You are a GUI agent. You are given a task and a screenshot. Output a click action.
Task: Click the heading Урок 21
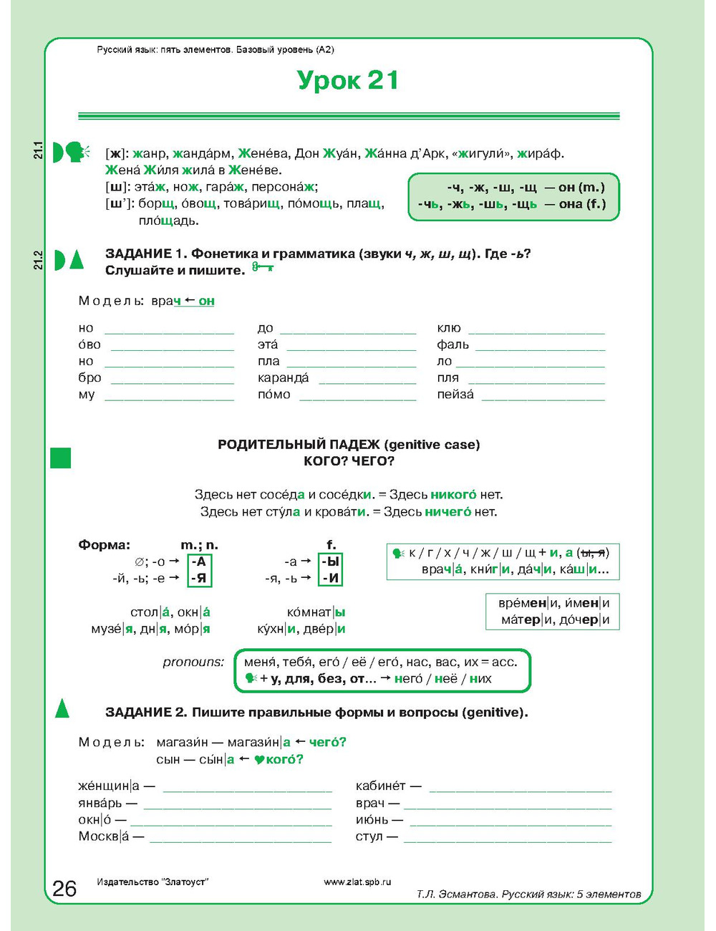tap(347, 80)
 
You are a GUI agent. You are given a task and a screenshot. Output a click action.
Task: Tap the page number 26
tap(64, 888)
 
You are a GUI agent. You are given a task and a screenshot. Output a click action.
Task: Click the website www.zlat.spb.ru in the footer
tap(357, 882)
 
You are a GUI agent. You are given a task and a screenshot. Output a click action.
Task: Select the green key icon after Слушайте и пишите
tap(263, 268)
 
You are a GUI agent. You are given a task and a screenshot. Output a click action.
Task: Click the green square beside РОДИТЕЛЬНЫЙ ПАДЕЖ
tap(61, 458)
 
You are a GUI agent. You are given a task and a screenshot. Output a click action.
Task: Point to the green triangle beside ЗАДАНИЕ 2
tap(62, 708)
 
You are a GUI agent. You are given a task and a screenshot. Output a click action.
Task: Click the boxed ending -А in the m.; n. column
tap(199, 561)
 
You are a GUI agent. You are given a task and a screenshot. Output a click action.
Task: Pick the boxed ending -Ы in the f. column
tap(331, 561)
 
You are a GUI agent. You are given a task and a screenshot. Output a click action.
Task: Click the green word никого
tap(453, 494)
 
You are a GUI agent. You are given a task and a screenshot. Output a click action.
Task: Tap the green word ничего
tap(447, 511)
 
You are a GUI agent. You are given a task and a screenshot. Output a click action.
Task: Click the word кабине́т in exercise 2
tap(380, 786)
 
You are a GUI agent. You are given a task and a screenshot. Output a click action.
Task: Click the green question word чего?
tap(328, 742)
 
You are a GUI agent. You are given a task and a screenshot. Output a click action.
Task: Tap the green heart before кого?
tap(259, 760)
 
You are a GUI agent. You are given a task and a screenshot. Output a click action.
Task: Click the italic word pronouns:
tap(193, 662)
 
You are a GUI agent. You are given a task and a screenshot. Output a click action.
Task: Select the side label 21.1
tap(39, 150)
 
